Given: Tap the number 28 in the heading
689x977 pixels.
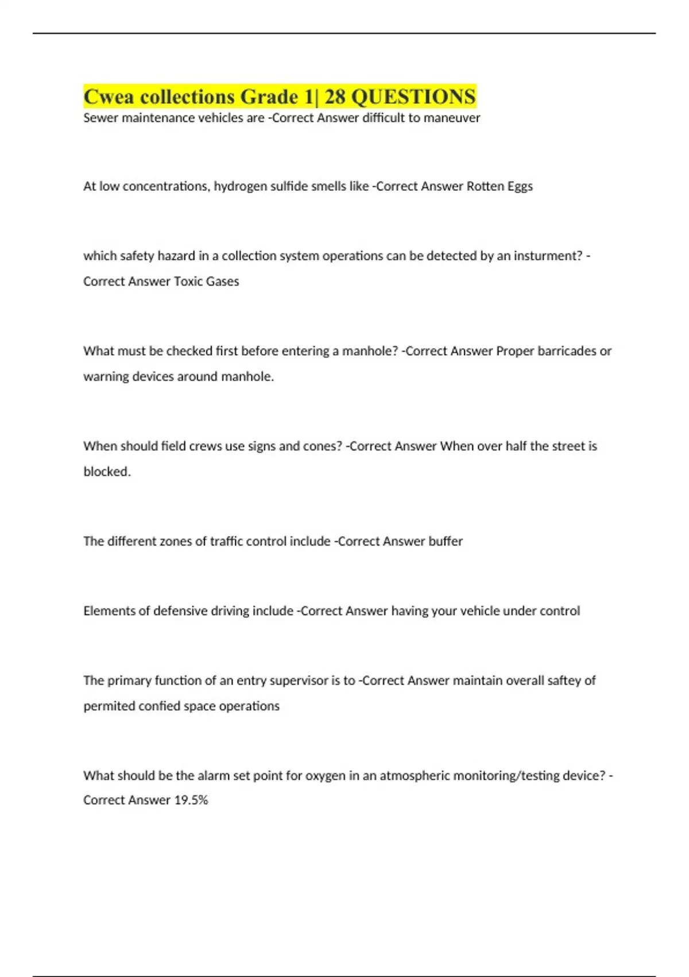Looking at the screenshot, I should click(x=335, y=97).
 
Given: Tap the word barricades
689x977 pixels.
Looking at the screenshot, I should click(x=566, y=351).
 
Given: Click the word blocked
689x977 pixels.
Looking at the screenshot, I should click(x=107, y=471).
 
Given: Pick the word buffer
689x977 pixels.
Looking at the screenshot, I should click(x=446, y=541).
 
